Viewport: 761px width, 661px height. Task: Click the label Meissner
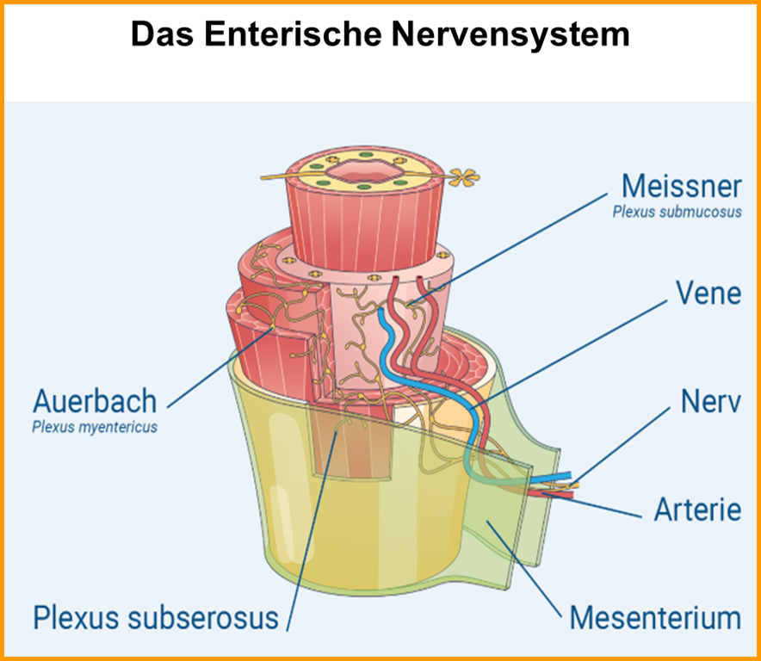pos(681,185)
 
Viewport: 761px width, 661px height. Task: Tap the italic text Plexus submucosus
pos(677,211)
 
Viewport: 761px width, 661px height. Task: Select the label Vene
pos(708,293)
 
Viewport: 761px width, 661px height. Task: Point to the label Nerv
pos(710,401)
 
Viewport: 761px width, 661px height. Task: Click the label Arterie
pos(697,509)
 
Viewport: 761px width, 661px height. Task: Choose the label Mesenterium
pos(655,617)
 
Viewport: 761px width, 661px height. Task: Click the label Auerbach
pos(95,401)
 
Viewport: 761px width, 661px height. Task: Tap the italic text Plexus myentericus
pos(95,427)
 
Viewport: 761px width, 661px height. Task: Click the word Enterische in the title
pos(306,35)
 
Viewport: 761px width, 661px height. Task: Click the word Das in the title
pos(161,35)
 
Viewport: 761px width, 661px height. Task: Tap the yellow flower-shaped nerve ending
pos(464,177)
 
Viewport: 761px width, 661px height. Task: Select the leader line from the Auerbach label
pos(215,370)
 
